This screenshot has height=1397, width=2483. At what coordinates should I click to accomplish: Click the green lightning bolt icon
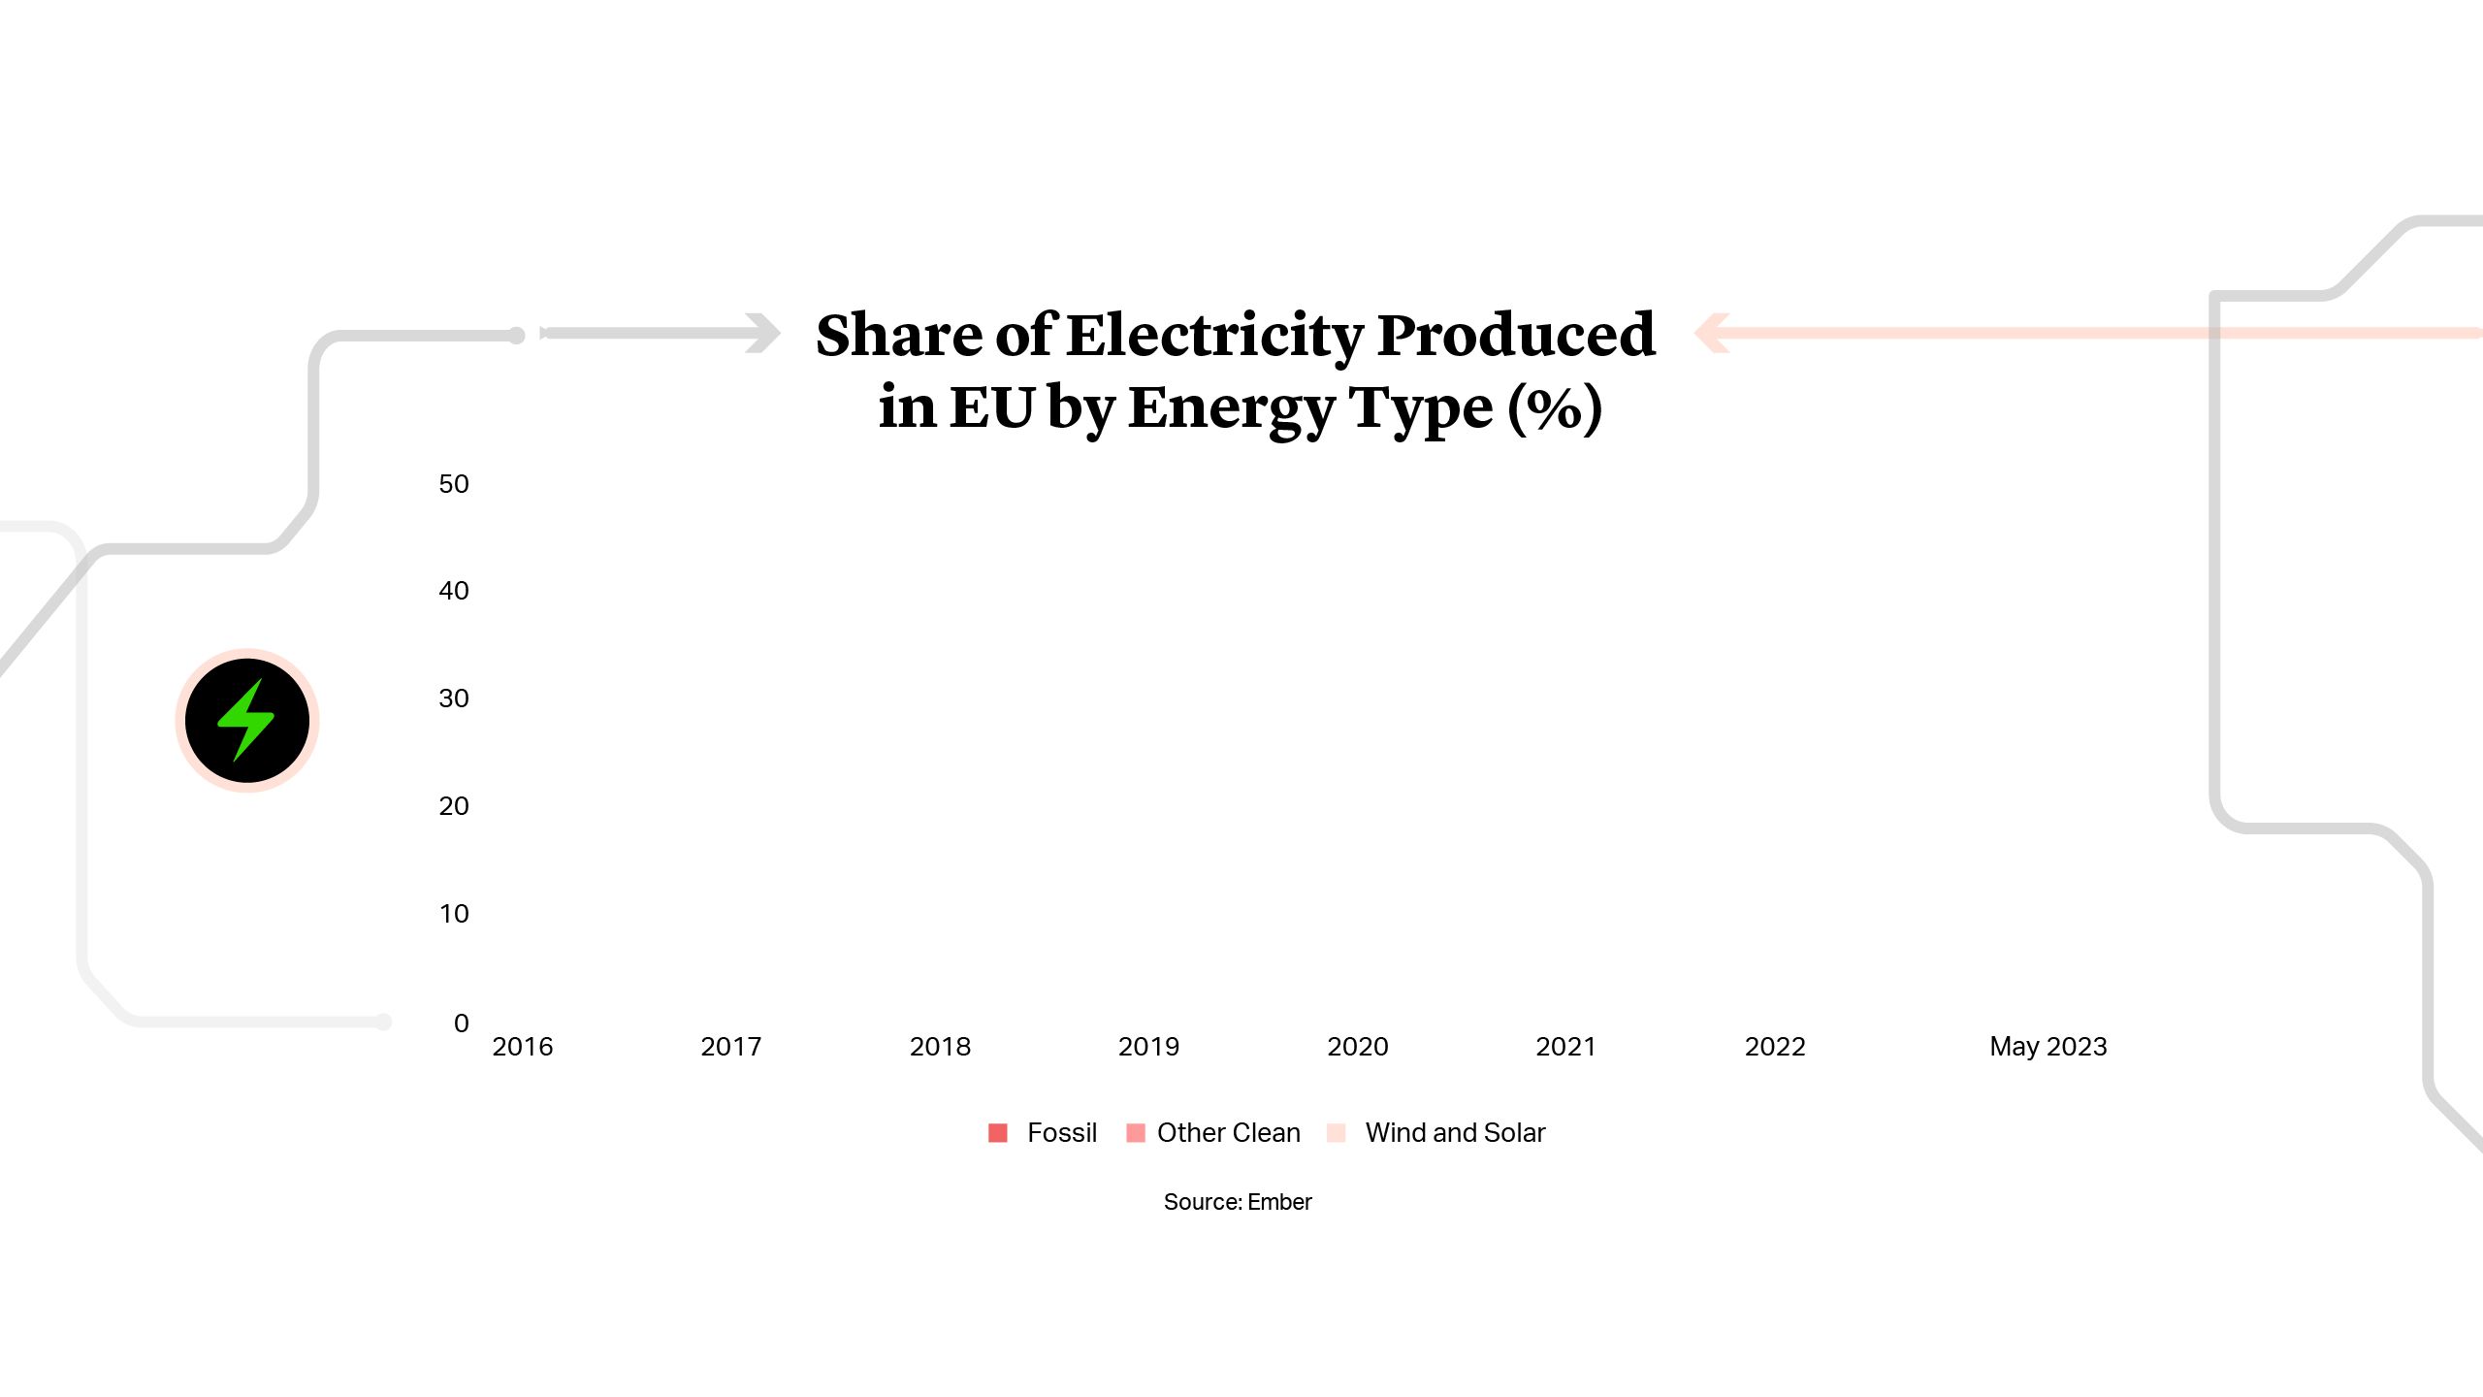click(x=246, y=720)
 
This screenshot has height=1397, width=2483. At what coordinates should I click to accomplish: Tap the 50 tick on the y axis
click(x=453, y=484)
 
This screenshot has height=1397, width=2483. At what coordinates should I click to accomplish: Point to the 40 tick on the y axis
click(x=453, y=591)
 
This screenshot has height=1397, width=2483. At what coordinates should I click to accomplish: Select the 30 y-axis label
click(x=453, y=698)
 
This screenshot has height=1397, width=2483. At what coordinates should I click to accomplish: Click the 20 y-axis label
click(x=453, y=806)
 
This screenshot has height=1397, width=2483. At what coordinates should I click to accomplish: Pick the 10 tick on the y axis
click(x=453, y=914)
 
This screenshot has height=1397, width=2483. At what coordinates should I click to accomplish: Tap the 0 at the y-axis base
click(x=461, y=1023)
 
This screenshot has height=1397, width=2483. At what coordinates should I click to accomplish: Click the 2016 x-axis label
click(x=522, y=1047)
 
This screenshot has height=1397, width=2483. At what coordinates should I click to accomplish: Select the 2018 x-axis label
click(x=940, y=1047)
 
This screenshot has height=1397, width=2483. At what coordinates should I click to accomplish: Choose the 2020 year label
click(x=1357, y=1047)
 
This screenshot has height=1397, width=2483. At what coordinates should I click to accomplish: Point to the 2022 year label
click(x=1775, y=1047)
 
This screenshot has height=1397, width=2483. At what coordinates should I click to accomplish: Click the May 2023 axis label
click(x=2048, y=1047)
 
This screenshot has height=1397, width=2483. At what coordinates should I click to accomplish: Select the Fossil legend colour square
click(x=997, y=1133)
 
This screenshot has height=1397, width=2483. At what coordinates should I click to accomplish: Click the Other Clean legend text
click(x=1228, y=1133)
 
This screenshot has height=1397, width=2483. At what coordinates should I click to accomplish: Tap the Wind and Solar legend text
click(x=1455, y=1133)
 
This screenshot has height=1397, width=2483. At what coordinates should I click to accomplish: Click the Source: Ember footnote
click(x=1238, y=1202)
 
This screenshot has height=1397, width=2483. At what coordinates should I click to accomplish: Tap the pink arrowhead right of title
click(x=1712, y=333)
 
